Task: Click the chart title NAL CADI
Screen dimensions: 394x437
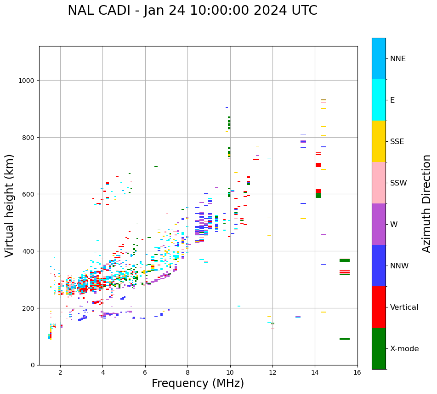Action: [x=193, y=11]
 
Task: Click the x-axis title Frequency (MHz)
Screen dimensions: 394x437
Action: [x=198, y=383]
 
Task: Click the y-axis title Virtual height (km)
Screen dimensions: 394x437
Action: [x=10, y=205]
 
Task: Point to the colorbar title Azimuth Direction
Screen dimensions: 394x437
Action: [x=427, y=203]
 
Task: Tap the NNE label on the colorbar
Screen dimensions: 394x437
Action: [x=398, y=58]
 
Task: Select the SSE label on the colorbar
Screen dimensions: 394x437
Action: [x=397, y=141]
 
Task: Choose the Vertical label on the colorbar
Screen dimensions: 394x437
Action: [x=404, y=307]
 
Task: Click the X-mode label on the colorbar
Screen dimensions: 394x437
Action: [x=404, y=348]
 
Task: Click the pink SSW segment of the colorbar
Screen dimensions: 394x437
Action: [x=379, y=183]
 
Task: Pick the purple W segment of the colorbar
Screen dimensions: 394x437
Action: [x=379, y=224]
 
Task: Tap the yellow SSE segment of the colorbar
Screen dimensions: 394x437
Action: [x=379, y=141]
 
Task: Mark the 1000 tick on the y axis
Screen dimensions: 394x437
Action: [x=28, y=81]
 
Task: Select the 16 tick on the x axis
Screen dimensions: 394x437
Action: [x=358, y=372]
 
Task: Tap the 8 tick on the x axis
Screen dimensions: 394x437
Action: [x=187, y=372]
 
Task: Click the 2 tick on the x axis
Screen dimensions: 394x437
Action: [x=60, y=372]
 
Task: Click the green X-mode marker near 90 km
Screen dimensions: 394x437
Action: [x=345, y=339]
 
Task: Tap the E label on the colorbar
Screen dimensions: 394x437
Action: [x=392, y=100]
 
